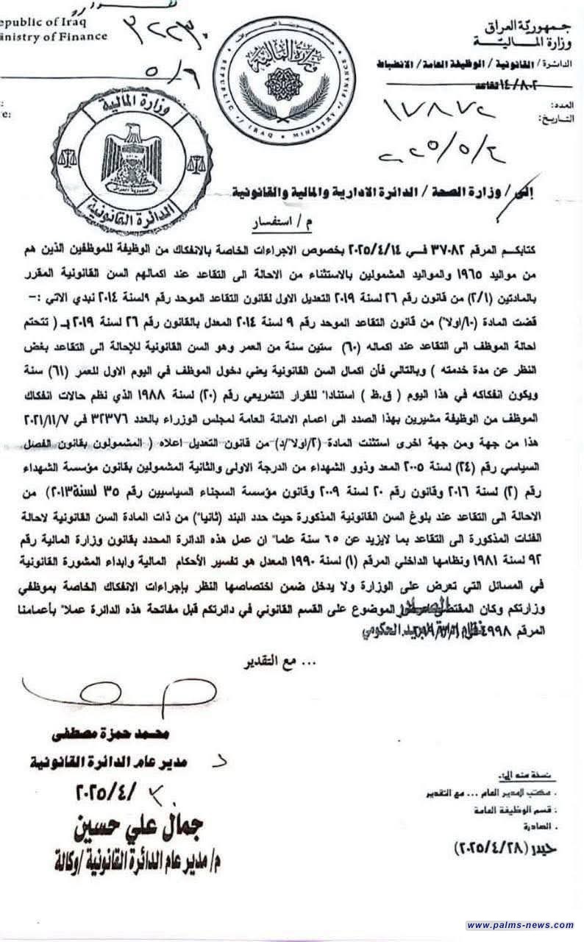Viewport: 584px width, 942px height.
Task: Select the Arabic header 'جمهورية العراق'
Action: point(529,15)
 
